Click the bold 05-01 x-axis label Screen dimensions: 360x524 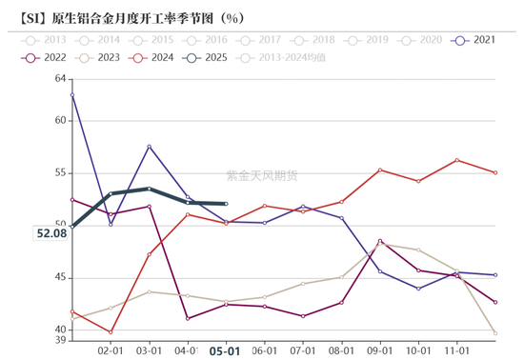225,350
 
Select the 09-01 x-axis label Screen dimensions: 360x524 380,350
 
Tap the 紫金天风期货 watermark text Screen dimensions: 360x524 261,175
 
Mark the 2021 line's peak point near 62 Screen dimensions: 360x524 72,94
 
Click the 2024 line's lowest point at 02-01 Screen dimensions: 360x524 111,332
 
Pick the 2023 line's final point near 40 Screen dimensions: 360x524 495,333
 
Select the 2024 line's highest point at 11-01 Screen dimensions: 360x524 457,160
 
